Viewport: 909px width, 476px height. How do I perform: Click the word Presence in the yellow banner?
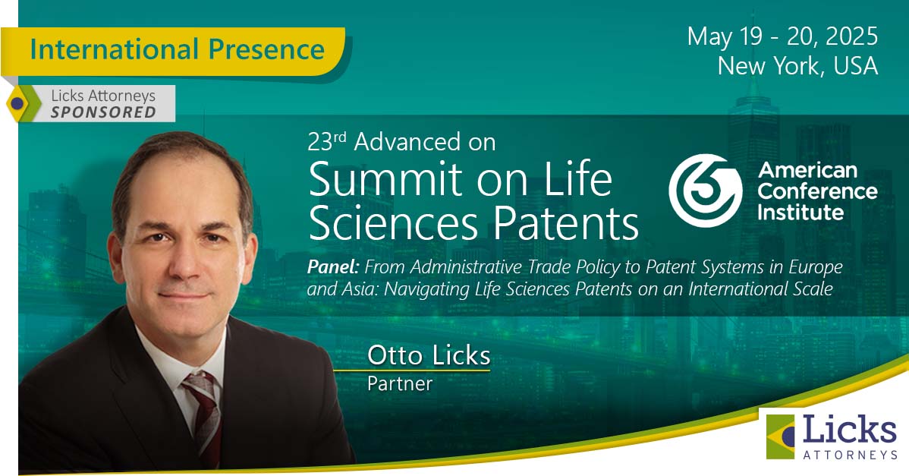266,49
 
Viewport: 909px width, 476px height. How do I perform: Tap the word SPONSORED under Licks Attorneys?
103,112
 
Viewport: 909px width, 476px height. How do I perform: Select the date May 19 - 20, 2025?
782,36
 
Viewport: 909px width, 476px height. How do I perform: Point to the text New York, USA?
797,65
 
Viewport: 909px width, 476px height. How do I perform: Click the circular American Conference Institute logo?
706,190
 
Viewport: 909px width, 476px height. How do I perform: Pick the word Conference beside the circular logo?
817,191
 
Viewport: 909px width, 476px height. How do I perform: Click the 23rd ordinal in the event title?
326,141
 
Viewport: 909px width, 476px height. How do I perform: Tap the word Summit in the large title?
385,179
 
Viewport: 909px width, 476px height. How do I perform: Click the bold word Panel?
333,266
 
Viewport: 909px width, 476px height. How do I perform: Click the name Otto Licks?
429,355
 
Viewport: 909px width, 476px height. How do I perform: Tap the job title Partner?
399,383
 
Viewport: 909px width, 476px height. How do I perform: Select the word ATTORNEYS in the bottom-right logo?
850,455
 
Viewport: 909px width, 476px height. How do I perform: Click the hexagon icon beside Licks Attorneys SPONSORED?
22,103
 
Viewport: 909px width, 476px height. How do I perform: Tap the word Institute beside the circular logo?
800,213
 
